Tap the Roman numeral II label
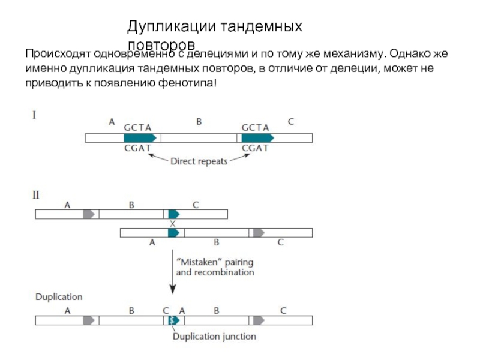click(36, 194)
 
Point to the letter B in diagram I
click(200, 122)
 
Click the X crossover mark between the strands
click(173, 223)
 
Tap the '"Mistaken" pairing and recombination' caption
click(214, 267)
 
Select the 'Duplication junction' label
click(214, 337)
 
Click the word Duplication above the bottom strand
click(59, 297)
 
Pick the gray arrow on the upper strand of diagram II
click(89, 214)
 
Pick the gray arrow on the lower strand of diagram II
click(259, 232)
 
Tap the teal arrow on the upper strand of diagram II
click(174, 214)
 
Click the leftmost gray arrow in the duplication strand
click(89, 320)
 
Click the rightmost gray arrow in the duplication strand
click(259, 320)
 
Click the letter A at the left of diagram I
click(112, 122)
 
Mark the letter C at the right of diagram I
click(291, 122)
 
